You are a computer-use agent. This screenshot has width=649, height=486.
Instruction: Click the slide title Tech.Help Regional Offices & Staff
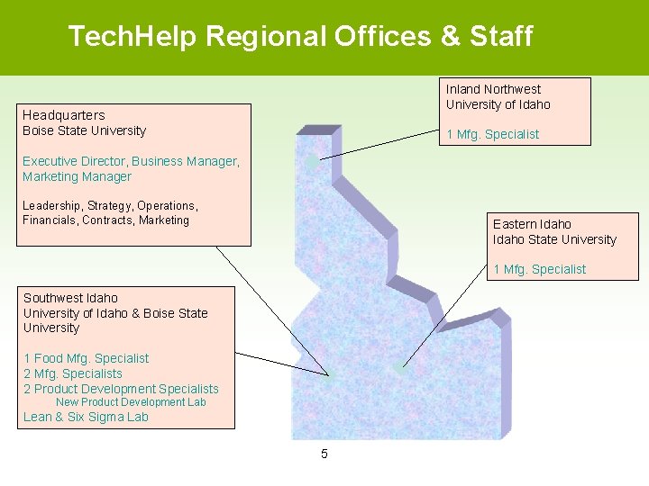tap(300, 37)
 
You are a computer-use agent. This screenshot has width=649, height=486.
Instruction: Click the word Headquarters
tap(63, 115)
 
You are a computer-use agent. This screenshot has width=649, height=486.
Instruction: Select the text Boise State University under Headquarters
tap(84, 130)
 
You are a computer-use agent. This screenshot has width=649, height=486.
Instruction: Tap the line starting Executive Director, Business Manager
tap(131, 161)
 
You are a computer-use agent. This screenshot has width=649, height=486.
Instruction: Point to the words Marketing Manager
tap(77, 176)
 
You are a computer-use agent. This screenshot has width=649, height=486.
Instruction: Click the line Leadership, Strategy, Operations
tap(109, 205)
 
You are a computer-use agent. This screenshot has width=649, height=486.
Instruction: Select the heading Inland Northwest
tap(493, 89)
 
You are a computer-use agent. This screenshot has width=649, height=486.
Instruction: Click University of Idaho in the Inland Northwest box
tap(498, 104)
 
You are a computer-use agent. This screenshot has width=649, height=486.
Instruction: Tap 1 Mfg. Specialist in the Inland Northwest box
tap(492, 134)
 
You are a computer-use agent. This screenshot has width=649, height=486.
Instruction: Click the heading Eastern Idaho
tap(532, 224)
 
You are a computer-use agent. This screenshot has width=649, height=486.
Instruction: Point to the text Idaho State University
tap(554, 239)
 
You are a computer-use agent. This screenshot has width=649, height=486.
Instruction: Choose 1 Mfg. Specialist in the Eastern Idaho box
tap(539, 269)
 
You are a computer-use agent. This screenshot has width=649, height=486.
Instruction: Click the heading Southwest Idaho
tap(70, 298)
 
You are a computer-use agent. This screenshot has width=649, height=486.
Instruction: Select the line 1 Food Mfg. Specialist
tap(86, 358)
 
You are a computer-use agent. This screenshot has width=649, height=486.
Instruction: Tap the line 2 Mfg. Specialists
tap(73, 373)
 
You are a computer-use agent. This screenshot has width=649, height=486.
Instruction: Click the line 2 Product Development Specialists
tap(121, 389)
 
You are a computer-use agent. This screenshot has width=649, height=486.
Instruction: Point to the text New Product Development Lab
tap(131, 402)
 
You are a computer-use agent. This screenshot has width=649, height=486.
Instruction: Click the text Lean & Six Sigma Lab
tap(86, 417)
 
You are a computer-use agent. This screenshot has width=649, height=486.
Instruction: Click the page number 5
tap(324, 454)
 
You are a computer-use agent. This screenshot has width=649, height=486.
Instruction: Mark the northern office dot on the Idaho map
tap(311, 162)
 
